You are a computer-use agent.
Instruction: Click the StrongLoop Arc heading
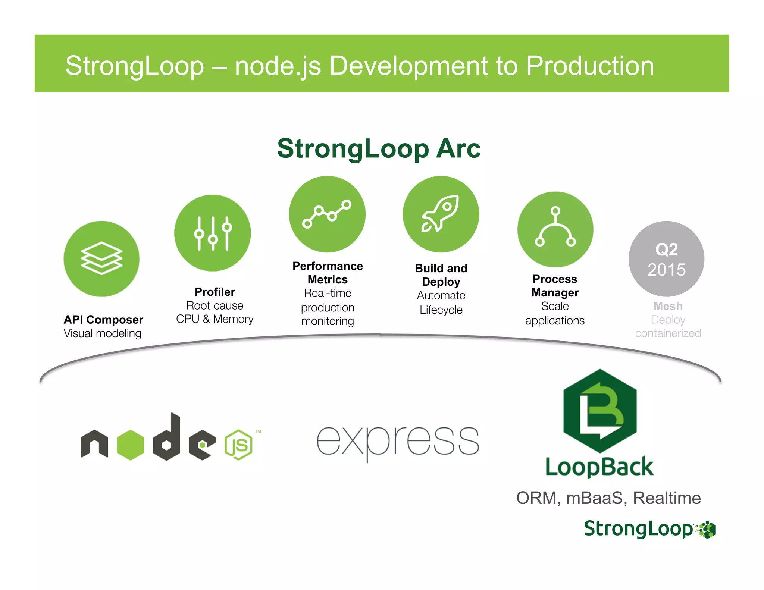tap(379, 148)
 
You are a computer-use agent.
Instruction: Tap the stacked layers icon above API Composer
tap(101, 258)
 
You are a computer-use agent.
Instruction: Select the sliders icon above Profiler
tap(212, 233)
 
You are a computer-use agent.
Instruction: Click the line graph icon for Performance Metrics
tap(327, 214)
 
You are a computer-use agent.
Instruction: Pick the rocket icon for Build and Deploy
tap(441, 214)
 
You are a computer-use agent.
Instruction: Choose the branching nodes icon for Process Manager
tap(555, 229)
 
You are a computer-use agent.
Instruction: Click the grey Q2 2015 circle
tap(666, 259)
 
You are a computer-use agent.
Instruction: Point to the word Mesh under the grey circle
tap(668, 306)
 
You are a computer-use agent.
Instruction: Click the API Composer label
tap(103, 320)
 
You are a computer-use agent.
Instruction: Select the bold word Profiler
tap(215, 292)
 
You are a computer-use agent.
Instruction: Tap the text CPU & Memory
tap(215, 319)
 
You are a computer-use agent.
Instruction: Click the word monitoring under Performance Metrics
tap(328, 321)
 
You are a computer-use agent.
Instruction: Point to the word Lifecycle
tap(441, 310)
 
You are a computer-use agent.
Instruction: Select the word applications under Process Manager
tap(555, 321)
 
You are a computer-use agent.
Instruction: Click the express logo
tap(398, 442)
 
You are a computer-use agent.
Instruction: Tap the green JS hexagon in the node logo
tap(239, 445)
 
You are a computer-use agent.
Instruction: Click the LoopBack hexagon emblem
tap(600, 411)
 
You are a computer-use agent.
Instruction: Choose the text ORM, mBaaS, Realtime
tap(608, 498)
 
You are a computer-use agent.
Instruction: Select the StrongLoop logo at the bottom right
tap(649, 529)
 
